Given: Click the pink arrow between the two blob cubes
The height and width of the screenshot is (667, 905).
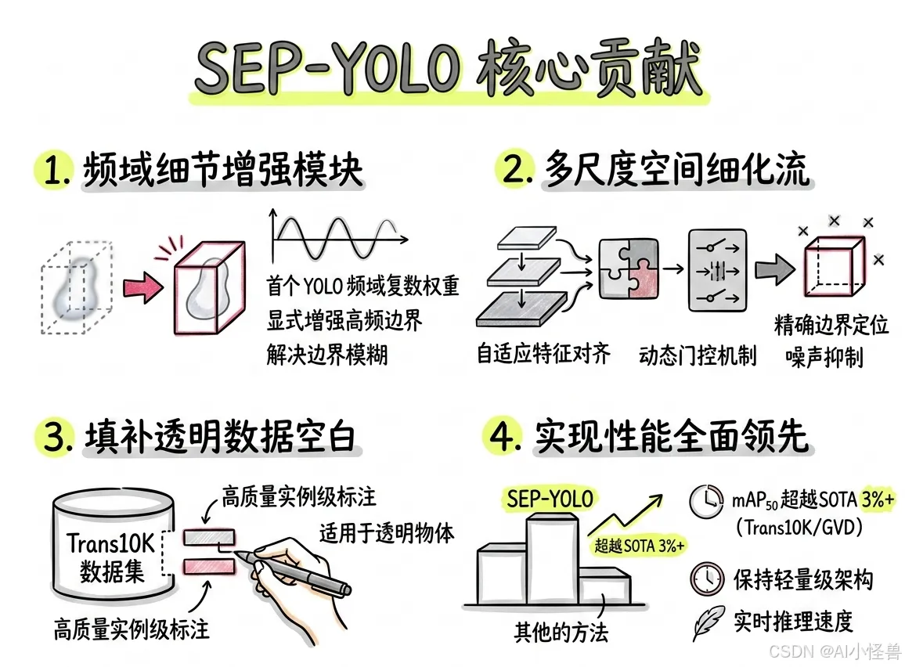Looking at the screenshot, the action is coord(142,287).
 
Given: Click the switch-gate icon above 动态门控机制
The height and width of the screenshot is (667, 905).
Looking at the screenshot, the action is coord(712,271).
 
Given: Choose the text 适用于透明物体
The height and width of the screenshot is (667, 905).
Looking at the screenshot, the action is coord(387,532).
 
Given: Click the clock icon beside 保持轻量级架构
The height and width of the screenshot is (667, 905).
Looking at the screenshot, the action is coord(706,579).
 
